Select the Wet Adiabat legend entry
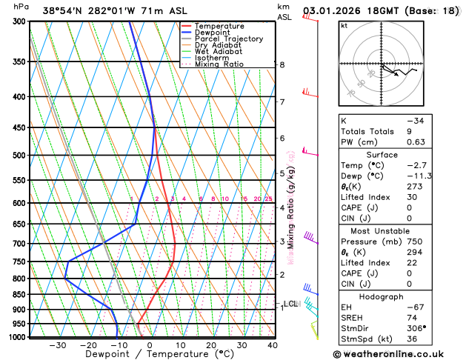[219, 51]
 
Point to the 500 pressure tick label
[19, 156]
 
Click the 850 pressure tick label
[19, 295]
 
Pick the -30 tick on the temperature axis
[58, 345]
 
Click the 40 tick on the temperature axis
[273, 345]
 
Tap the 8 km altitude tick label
[282, 65]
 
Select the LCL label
[290, 304]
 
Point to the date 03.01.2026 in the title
[331, 12]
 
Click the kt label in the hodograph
[344, 25]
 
